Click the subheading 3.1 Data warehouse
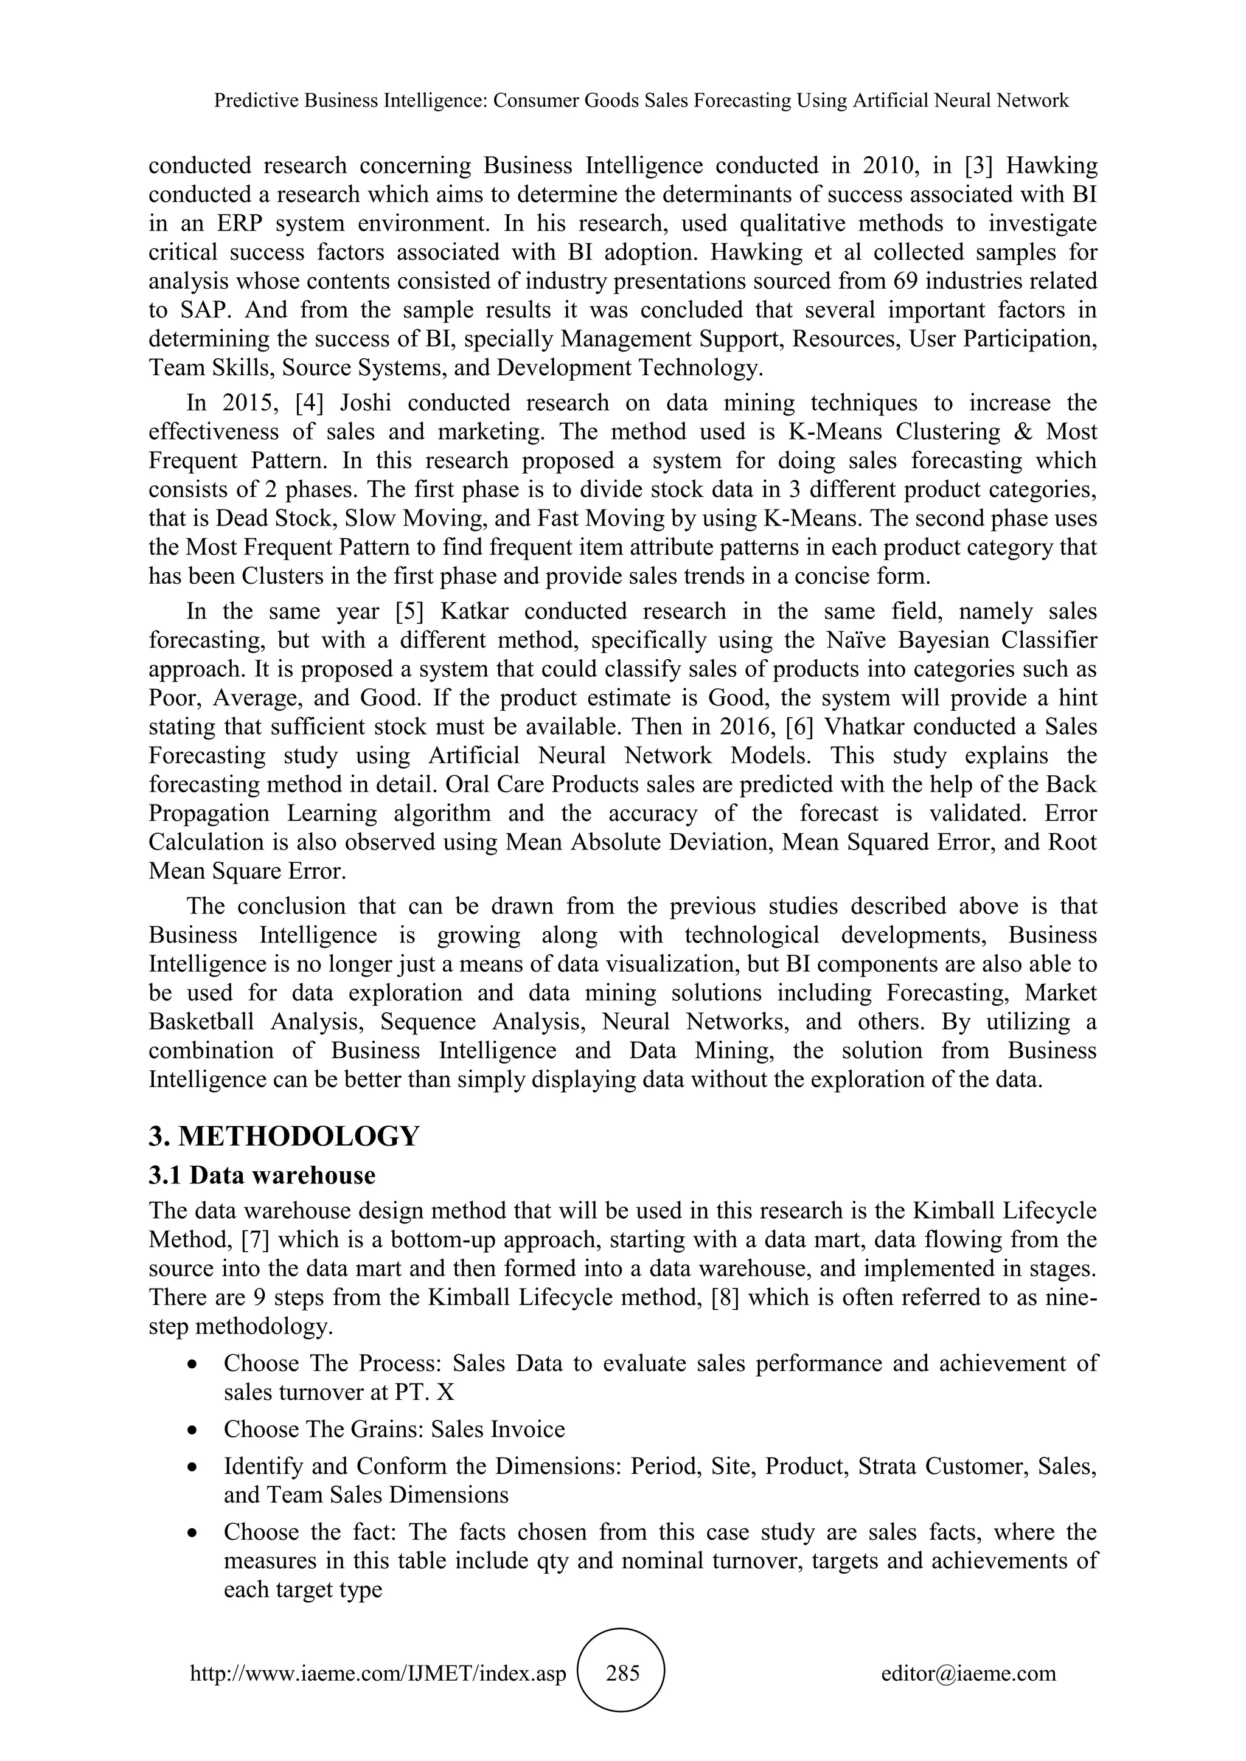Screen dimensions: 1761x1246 (262, 1175)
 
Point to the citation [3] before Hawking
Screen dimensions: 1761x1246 (990, 165)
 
